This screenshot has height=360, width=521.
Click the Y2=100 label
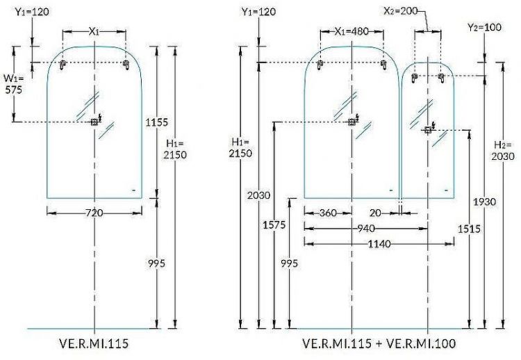483,27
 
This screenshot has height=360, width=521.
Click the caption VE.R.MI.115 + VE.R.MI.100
379,344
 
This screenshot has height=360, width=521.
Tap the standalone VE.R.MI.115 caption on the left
93,344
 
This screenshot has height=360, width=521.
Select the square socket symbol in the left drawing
94,122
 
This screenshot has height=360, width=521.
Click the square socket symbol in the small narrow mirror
428,129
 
